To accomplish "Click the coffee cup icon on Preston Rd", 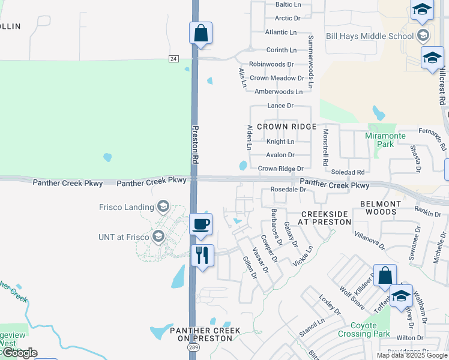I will click(201, 224).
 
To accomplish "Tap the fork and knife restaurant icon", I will click(201, 255).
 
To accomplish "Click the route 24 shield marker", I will click(173, 58).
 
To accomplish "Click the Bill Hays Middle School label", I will click(369, 36).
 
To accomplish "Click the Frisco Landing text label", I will click(127, 207).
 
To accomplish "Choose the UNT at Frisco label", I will click(123, 237).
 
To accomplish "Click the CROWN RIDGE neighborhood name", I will click(286, 127).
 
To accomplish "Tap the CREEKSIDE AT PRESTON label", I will click(326, 218).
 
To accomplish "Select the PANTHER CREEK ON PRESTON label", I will click(205, 334).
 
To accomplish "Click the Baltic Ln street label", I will click(288, 5).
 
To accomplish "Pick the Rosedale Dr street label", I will click(289, 189).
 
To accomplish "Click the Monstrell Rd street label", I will click(325, 147).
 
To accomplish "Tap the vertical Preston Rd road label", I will click(194, 144).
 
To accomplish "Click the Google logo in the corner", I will click(19, 352).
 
